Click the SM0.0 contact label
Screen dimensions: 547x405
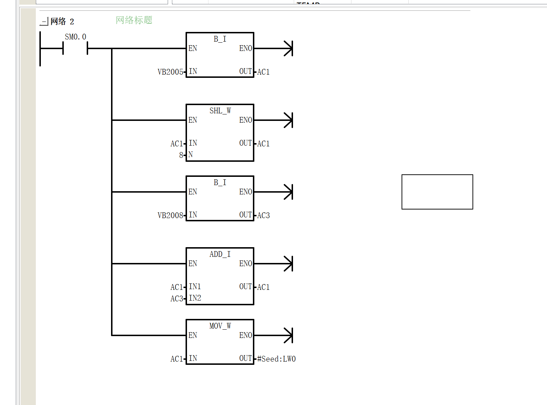(76, 37)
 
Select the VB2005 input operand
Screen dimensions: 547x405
(171, 72)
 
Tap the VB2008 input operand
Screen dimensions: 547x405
(171, 215)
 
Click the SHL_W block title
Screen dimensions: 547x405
(220, 110)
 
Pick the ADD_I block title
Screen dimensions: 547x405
(220, 254)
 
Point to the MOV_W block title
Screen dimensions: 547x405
(220, 326)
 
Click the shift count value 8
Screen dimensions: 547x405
(181, 155)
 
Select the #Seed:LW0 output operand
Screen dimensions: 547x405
(276, 359)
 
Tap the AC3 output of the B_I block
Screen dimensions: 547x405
(263, 215)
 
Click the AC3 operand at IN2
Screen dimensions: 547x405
(177, 298)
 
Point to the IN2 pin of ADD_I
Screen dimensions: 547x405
(195, 298)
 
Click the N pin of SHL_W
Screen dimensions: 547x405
(190, 155)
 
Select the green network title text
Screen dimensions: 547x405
(134, 20)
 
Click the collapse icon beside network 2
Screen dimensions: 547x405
(44, 22)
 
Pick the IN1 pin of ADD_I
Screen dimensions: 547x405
(195, 287)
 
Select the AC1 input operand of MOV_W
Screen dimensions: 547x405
(177, 359)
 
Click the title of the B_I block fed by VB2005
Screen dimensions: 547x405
(220, 39)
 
